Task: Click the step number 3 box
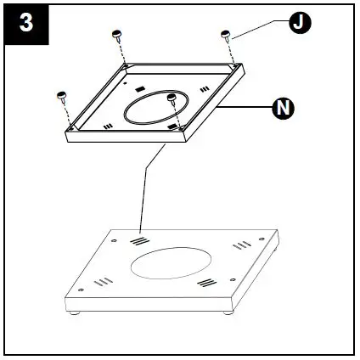click(25, 22)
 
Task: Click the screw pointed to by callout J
click(226, 37)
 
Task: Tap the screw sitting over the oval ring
click(172, 100)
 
